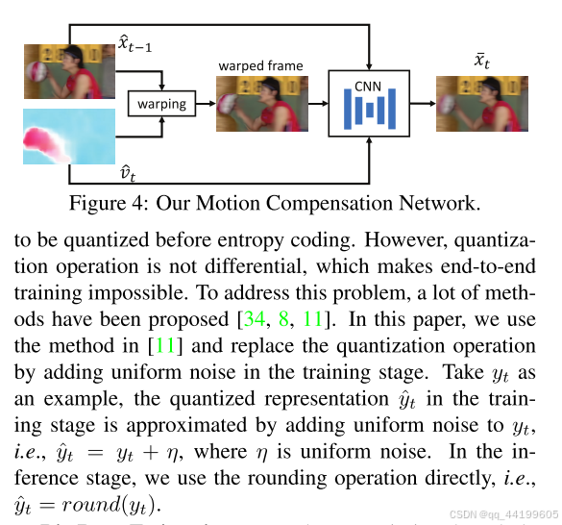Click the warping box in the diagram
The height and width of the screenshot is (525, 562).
point(161,102)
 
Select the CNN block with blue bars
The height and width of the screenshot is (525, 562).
point(369,103)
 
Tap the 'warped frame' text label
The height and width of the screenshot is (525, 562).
point(260,65)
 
